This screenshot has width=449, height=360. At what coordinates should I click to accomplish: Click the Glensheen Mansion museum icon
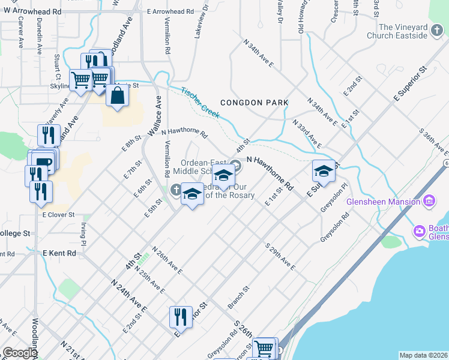pyautogui.click(x=429, y=201)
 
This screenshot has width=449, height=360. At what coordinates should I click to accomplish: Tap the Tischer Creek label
pyautogui.click(x=200, y=103)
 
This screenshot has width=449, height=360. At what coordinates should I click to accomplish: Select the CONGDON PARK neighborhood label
pyautogui.click(x=254, y=103)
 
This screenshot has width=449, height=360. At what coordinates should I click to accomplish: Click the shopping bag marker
pyautogui.click(x=118, y=95)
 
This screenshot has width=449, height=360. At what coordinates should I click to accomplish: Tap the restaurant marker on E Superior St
pyautogui.click(x=181, y=317)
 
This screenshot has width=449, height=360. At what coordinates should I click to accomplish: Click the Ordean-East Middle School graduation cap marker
pyautogui.click(x=223, y=176)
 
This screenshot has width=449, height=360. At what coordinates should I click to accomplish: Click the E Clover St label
pyautogui.click(x=58, y=214)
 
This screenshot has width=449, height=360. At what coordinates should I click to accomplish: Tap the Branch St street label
pyautogui.click(x=238, y=298)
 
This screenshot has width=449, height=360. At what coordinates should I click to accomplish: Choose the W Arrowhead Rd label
pyautogui.click(x=32, y=11)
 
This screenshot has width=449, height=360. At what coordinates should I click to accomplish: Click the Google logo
pyautogui.click(x=20, y=353)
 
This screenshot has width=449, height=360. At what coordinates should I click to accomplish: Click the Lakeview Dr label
pyautogui.click(x=200, y=24)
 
